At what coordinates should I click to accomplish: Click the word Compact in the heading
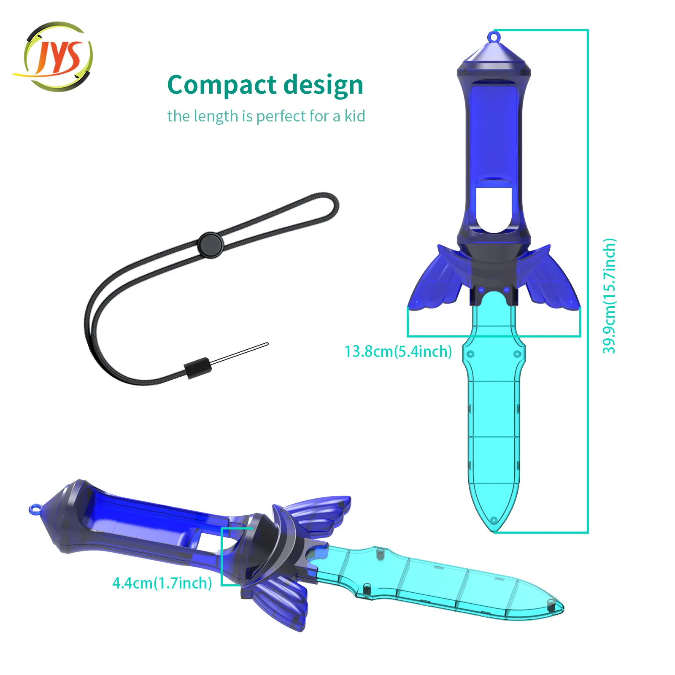(222, 86)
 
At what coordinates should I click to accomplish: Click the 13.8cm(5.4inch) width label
(398, 351)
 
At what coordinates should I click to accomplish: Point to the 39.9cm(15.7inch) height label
(609, 296)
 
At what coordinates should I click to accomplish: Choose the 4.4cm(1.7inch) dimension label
(162, 583)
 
